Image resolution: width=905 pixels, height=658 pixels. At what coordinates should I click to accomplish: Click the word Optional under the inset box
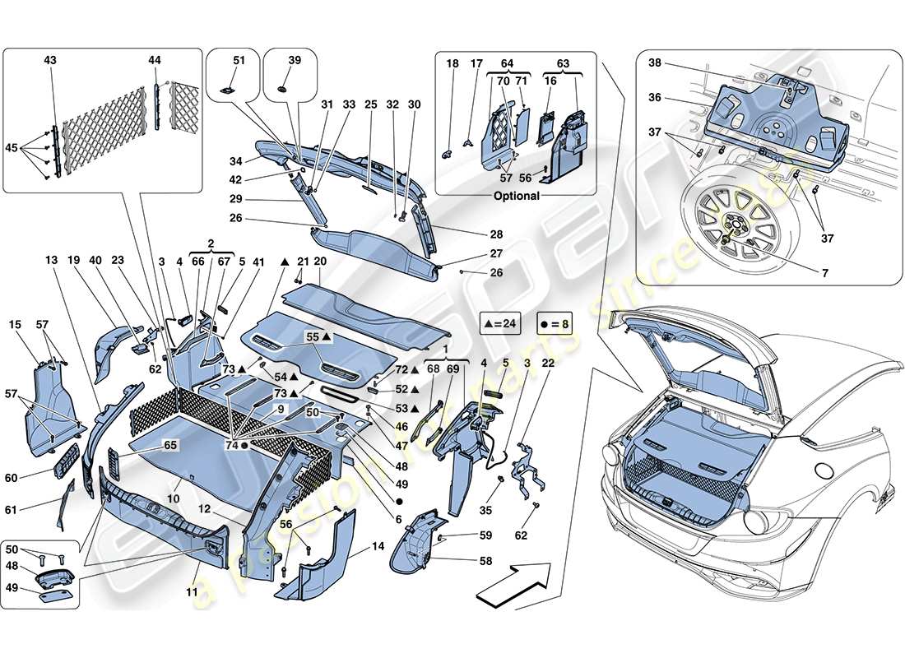click(x=517, y=196)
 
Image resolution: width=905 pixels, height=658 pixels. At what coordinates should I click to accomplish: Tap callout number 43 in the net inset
click(x=51, y=62)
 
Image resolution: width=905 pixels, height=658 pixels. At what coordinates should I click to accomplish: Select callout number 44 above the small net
click(x=155, y=62)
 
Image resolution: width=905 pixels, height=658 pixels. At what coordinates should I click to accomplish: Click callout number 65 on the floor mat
click(x=170, y=444)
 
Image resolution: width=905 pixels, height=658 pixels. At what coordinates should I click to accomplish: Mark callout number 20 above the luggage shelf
click(x=320, y=261)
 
